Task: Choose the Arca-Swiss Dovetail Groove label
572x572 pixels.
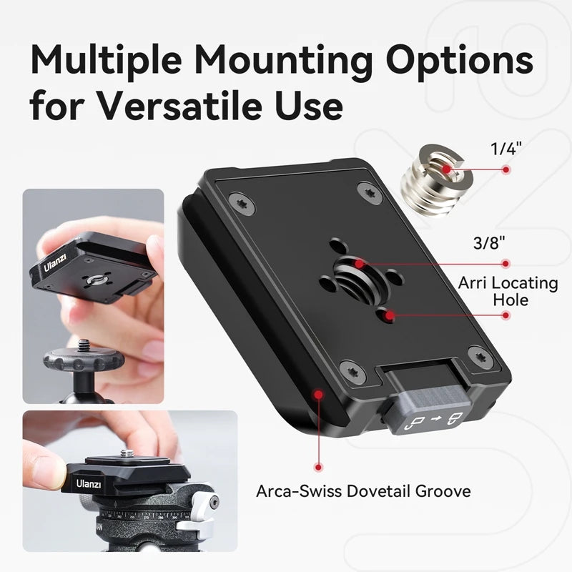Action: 363,491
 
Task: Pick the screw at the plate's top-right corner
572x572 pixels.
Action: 369,192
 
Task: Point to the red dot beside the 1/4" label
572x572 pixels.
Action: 506,170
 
